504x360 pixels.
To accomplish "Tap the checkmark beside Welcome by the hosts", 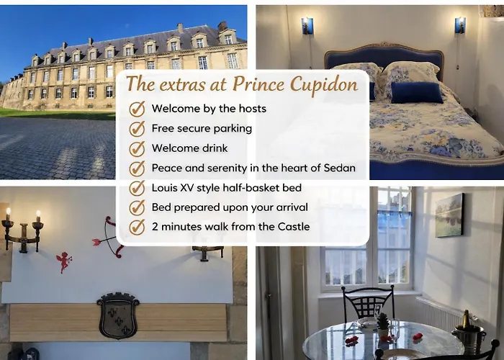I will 137,109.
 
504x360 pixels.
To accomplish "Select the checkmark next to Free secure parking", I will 137,129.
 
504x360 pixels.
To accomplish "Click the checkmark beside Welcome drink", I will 137,148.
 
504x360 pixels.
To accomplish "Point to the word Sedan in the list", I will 338,168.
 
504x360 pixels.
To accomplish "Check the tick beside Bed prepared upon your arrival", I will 137,207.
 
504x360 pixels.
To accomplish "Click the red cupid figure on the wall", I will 65,261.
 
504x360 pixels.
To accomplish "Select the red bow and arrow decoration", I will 108,238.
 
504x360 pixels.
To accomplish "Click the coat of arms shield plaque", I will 118,315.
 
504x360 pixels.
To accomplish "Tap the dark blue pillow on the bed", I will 417,91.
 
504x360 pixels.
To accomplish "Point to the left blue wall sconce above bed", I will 307,26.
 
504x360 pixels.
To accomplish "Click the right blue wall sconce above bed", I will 459,26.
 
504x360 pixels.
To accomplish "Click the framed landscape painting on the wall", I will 450,215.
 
